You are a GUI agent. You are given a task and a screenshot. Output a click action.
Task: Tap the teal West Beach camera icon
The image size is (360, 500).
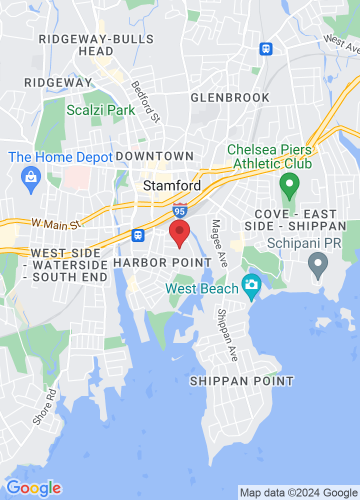pos(251,285)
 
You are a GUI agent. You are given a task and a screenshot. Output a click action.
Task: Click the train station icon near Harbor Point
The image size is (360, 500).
pos(138,234)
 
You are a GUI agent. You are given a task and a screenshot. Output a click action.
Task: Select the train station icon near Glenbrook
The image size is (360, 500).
pos(266,49)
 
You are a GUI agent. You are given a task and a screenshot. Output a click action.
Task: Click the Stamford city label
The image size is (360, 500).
pos(172,186)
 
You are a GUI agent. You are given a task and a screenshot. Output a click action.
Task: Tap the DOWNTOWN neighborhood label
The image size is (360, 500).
pos(154,156)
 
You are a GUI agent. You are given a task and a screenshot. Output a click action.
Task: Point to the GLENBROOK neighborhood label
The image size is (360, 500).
pos(230,97)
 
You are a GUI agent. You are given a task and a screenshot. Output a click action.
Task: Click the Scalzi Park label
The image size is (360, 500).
pos(101,110)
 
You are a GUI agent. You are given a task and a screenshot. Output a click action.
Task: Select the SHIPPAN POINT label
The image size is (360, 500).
pos(242,381)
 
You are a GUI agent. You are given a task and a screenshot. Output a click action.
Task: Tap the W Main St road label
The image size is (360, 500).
pos(56,224)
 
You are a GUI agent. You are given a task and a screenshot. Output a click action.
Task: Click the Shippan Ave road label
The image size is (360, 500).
pos(227,335)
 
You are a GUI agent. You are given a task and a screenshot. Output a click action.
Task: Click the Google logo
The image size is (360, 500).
pos(33,487)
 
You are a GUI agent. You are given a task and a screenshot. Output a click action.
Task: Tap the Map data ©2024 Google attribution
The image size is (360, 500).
pos(298,492)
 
